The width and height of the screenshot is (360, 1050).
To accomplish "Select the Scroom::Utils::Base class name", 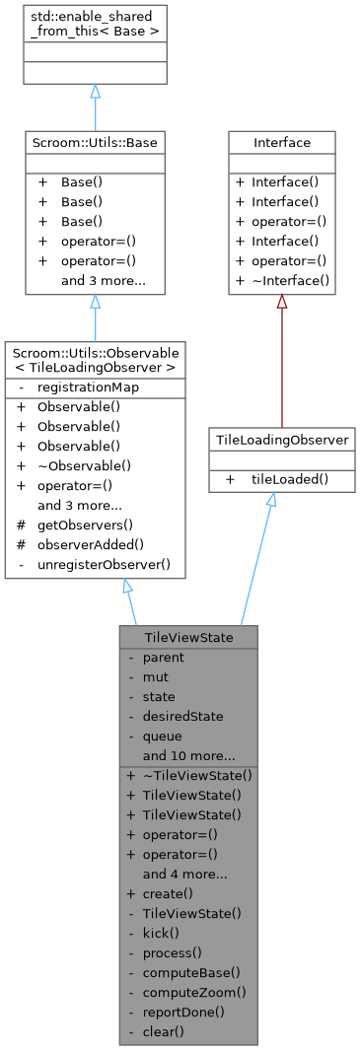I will click(x=95, y=143).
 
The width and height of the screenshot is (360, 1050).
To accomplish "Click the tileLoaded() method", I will click(x=289, y=478).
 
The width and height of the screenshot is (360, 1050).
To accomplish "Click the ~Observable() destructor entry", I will click(x=84, y=464).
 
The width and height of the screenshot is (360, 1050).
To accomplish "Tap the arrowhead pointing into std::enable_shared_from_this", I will click(x=95, y=92).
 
